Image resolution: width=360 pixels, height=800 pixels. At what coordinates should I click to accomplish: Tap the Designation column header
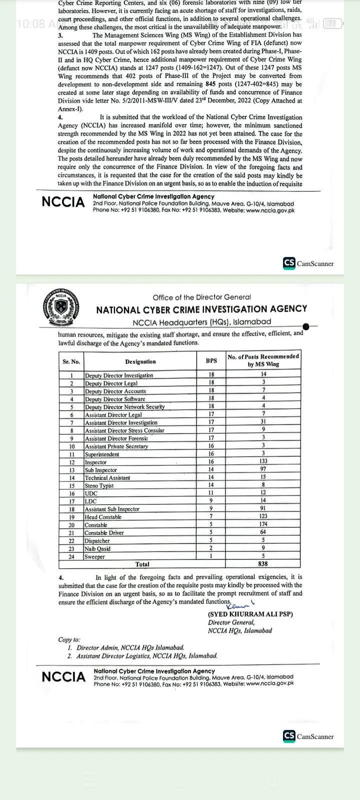[140, 361]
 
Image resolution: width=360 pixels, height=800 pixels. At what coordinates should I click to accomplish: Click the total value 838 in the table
[263, 564]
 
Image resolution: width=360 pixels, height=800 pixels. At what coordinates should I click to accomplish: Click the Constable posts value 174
[263, 524]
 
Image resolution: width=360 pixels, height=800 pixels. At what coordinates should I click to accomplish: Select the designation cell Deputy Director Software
[115, 399]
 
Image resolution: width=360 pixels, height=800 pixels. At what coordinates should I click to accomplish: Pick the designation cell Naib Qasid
[97, 548]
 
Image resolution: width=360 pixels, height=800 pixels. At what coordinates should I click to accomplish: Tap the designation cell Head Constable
[103, 517]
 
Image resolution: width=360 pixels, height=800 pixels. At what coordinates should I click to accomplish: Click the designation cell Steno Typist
[99, 485]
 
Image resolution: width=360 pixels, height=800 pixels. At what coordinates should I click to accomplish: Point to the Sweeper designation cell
[94, 556]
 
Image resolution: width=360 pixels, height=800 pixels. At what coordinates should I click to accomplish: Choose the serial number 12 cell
[71, 462]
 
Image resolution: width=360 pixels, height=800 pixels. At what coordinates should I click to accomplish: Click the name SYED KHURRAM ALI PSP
[250, 614]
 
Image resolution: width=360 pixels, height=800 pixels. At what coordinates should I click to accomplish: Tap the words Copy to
[69, 639]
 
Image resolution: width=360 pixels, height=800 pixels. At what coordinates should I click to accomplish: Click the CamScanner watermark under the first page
[308, 263]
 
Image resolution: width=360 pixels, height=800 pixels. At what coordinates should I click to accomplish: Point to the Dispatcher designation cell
[98, 540]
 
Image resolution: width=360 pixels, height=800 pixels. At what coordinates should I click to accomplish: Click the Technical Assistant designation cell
[107, 478]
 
